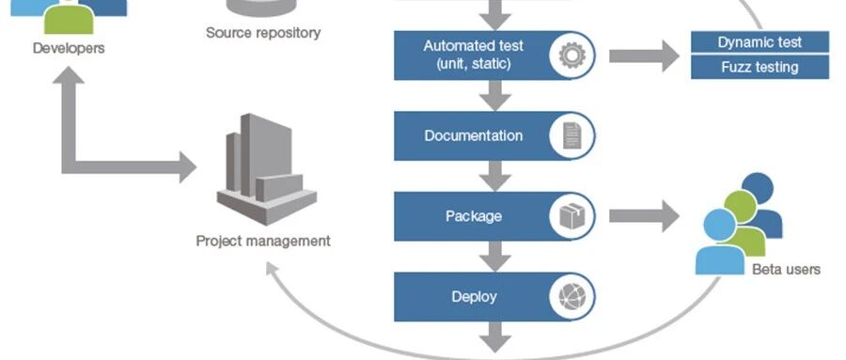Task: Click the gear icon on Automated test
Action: click(x=572, y=55)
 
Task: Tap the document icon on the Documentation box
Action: click(x=572, y=135)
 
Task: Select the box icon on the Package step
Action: click(x=572, y=216)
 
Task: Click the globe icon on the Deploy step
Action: click(x=572, y=296)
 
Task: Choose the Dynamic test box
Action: click(x=760, y=42)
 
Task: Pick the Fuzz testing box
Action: click(x=760, y=68)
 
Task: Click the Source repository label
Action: click(x=263, y=32)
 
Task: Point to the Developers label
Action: click(x=69, y=48)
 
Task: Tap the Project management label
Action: click(x=263, y=241)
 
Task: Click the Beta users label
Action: click(x=786, y=270)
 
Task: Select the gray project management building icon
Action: click(x=267, y=168)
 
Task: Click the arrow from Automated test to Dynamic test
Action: click(x=644, y=55)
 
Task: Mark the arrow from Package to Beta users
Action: click(x=644, y=216)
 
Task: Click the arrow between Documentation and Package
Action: click(x=494, y=176)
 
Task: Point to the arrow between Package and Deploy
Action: click(x=494, y=257)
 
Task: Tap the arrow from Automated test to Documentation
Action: click(x=494, y=96)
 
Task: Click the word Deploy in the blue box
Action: click(x=474, y=297)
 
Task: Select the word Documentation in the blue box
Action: click(x=473, y=135)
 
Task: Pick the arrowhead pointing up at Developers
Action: click(x=69, y=75)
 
